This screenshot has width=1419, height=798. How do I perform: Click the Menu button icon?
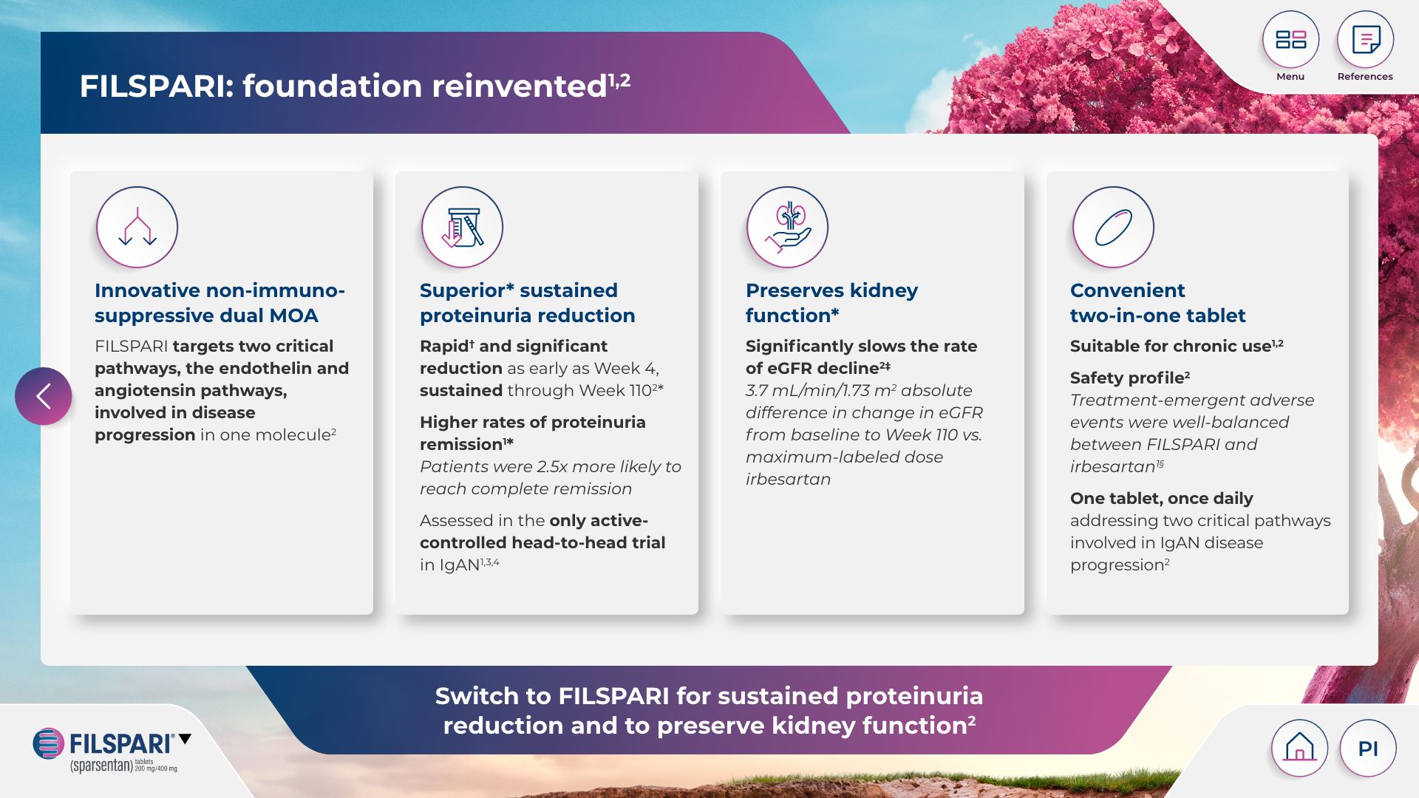pos(1290,39)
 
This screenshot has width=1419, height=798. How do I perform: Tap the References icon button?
pos(1365,39)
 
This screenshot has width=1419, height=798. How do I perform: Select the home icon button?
pos(1299,748)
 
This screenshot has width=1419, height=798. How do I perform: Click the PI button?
pos(1368,748)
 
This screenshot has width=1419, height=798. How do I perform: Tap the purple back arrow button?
pos(44,396)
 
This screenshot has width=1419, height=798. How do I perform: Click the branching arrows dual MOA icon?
pos(137,227)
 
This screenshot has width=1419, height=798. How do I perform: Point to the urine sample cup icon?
pos(463,227)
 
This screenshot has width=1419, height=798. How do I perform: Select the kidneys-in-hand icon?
pos(788,227)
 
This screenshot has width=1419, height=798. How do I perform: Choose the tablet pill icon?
pos(1113,227)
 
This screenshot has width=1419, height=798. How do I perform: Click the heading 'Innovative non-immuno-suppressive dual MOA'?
pos(220,303)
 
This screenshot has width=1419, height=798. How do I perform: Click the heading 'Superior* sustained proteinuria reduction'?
pos(528,303)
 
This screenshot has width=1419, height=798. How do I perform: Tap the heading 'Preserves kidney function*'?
pos(831,303)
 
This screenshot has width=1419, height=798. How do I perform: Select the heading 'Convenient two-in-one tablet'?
pos(1157,303)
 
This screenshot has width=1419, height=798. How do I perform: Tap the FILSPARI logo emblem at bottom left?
pos(49,743)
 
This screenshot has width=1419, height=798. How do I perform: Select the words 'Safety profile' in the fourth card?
pos(1127,378)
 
